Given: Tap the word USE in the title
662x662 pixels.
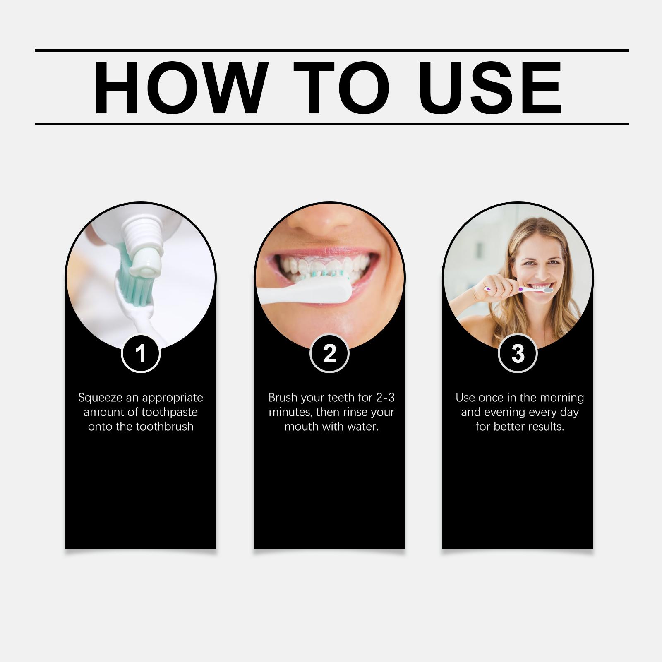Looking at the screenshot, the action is click(x=492, y=87).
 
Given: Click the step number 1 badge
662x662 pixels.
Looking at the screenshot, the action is click(x=141, y=353).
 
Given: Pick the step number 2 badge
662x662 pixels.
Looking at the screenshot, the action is click(x=329, y=353).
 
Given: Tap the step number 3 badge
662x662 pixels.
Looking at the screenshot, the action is click(x=518, y=353).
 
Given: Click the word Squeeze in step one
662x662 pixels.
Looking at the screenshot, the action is click(x=101, y=398).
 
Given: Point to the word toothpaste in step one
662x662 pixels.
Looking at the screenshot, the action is click(x=170, y=413).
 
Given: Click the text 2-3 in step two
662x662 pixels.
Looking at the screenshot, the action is click(x=385, y=398).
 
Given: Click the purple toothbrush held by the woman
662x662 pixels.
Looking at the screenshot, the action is click(x=519, y=289).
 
